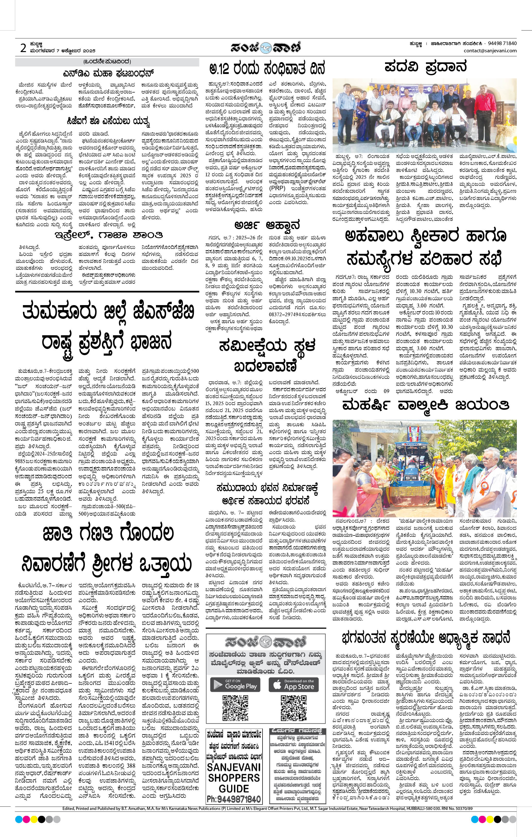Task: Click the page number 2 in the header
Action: pos(23,48)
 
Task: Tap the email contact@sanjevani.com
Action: pos(490,51)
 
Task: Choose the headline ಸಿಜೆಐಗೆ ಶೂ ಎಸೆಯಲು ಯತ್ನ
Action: pos(108,122)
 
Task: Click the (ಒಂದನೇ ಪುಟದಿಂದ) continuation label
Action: pos(107,62)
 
